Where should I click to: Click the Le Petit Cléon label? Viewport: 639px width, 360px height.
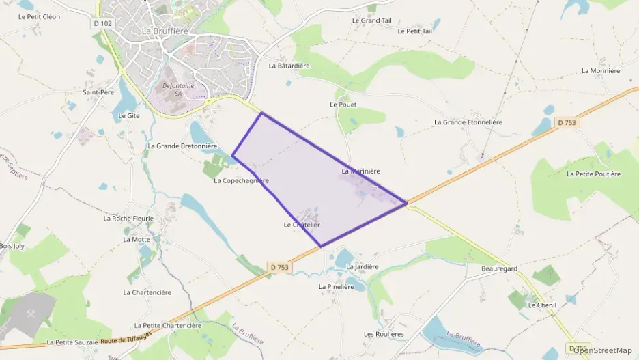click(x=39, y=17)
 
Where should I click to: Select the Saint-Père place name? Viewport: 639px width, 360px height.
click(x=98, y=92)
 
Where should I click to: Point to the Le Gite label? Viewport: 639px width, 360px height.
click(x=128, y=116)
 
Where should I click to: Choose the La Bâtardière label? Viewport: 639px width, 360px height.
click(x=289, y=66)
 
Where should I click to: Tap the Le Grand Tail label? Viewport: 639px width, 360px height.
click(x=371, y=20)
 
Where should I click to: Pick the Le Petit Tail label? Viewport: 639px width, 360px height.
click(x=414, y=31)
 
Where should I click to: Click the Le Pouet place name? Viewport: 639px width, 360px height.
click(x=343, y=105)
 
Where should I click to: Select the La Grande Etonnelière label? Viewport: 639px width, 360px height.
click(x=468, y=122)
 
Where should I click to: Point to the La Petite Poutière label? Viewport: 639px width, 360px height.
click(x=594, y=174)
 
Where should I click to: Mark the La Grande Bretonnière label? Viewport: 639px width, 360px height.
click(x=182, y=146)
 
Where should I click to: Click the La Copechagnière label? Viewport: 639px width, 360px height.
click(x=241, y=181)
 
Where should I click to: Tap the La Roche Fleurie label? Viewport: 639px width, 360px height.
click(x=128, y=219)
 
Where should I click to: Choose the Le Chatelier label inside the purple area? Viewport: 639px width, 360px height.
click(x=302, y=225)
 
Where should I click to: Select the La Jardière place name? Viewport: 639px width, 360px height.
click(x=363, y=267)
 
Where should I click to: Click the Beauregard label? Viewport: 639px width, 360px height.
click(x=500, y=269)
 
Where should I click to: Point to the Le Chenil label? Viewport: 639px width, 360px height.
click(x=542, y=305)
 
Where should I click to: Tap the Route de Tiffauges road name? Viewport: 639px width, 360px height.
click(x=125, y=340)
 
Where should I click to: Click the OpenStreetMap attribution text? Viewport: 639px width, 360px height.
click(x=602, y=350)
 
